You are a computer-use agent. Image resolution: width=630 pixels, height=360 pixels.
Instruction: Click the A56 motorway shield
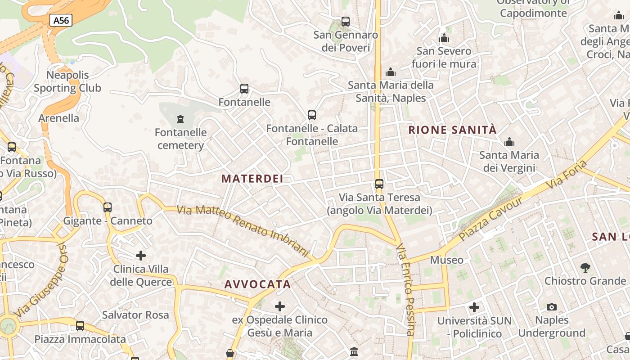coord(61,20)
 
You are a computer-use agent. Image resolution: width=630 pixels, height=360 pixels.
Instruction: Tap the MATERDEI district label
coord(252,179)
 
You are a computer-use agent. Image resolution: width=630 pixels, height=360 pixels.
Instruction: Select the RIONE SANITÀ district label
coord(452,130)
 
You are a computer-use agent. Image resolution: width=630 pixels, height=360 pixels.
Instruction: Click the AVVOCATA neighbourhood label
coord(257,284)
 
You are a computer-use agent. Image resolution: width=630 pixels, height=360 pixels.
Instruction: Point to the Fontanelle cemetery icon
coord(180,119)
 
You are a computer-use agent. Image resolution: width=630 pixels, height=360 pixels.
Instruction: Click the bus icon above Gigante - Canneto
coord(108,207)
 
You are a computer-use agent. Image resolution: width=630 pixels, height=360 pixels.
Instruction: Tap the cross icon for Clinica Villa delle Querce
coord(141,256)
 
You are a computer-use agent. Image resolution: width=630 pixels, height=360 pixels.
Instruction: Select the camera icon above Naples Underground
coord(552,307)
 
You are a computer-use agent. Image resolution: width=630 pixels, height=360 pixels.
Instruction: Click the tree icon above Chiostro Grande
coord(585,268)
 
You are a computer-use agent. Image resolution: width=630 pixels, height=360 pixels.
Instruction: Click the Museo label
coord(446,260)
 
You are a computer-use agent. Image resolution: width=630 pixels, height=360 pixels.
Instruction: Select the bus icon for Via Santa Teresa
coord(379,184)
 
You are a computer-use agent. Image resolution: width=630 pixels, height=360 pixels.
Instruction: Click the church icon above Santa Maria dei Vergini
coord(509,142)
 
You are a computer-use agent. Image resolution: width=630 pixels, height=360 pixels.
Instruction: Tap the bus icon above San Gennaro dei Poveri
coord(346,21)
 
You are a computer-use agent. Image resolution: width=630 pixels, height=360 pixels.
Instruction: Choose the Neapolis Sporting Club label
coord(67,81)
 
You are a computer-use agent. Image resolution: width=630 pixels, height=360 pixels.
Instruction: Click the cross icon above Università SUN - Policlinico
coord(474,307)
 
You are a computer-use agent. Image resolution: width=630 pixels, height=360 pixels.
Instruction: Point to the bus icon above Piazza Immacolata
coord(80,325)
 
